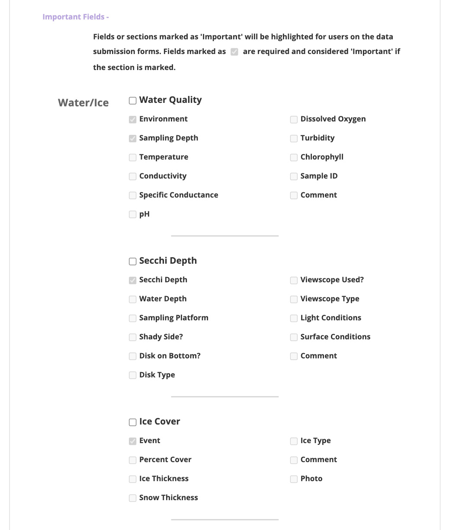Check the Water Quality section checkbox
point(133,101)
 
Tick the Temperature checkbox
point(133,157)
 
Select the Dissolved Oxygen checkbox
point(294,119)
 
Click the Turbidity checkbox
point(294,138)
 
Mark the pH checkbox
point(133,214)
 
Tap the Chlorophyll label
point(322,157)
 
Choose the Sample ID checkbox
point(294,176)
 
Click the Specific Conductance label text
point(178,195)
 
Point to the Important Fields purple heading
point(76,17)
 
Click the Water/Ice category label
point(83,103)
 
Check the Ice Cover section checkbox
point(133,422)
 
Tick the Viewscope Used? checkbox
point(294,280)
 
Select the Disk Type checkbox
point(133,375)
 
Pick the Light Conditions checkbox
point(294,318)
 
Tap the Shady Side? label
point(161,337)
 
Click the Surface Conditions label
point(335,337)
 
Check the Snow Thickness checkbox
point(133,498)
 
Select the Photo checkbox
point(294,479)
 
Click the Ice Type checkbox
point(294,441)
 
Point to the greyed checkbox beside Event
point(133,441)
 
